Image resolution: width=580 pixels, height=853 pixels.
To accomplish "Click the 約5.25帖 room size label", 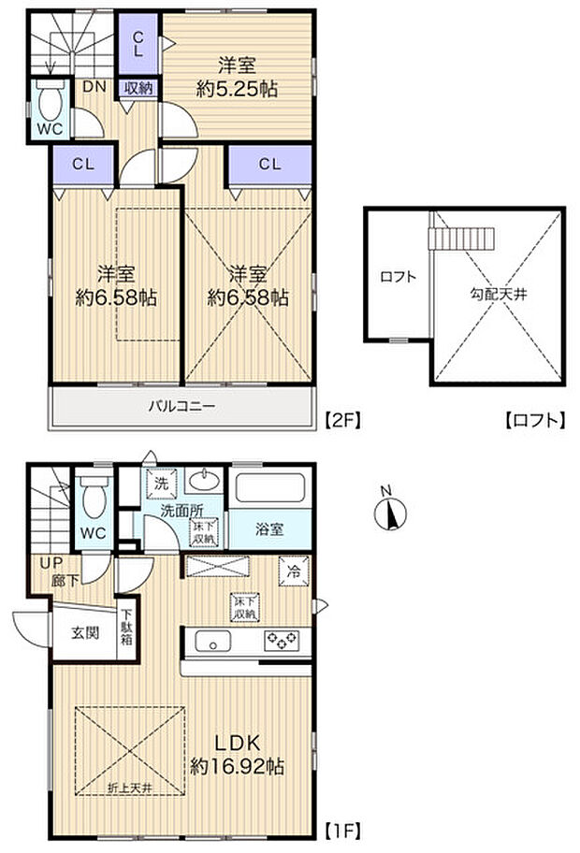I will pyautogui.click(x=238, y=90).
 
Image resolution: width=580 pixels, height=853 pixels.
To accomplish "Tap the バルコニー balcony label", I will pyautogui.click(x=181, y=407).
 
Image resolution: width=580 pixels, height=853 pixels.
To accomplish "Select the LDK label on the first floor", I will pyautogui.click(x=238, y=744).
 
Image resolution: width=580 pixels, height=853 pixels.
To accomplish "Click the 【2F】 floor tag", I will pyautogui.click(x=341, y=421).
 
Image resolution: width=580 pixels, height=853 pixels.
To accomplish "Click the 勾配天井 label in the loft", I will pyautogui.click(x=499, y=295).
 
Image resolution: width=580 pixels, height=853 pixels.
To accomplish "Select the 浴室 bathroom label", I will pyautogui.click(x=270, y=529).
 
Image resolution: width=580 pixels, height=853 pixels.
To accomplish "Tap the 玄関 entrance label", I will pyautogui.click(x=80, y=634).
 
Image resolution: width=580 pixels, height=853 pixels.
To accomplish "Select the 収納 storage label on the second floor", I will pyautogui.click(x=138, y=88).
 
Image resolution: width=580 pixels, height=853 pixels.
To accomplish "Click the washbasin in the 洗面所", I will pyautogui.click(x=199, y=483).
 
